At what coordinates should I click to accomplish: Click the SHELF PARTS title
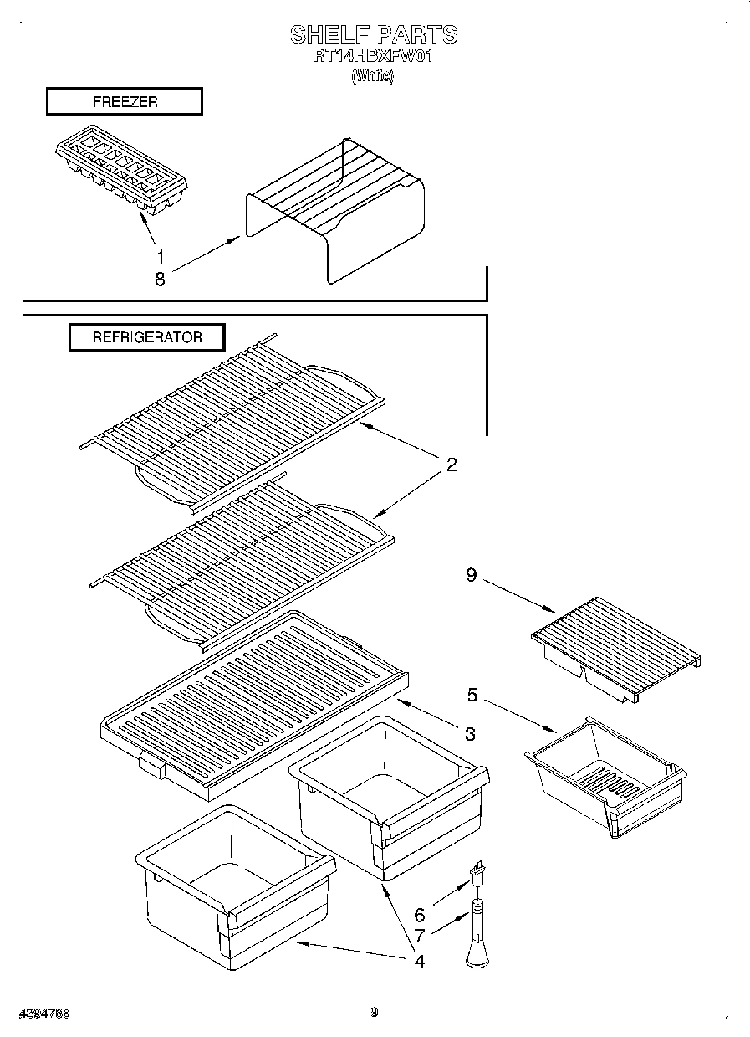[374, 34]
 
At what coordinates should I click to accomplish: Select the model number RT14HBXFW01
[373, 58]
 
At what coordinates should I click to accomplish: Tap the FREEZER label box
[124, 102]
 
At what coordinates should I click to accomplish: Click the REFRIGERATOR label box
[146, 337]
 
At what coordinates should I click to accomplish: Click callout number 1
[160, 257]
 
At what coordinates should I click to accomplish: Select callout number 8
[160, 280]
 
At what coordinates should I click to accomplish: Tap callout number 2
[452, 465]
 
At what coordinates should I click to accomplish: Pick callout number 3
[470, 734]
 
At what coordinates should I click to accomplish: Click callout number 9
[472, 576]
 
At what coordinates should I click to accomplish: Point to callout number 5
[472, 694]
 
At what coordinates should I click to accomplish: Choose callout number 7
[420, 935]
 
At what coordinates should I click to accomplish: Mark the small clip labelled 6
[479, 874]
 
